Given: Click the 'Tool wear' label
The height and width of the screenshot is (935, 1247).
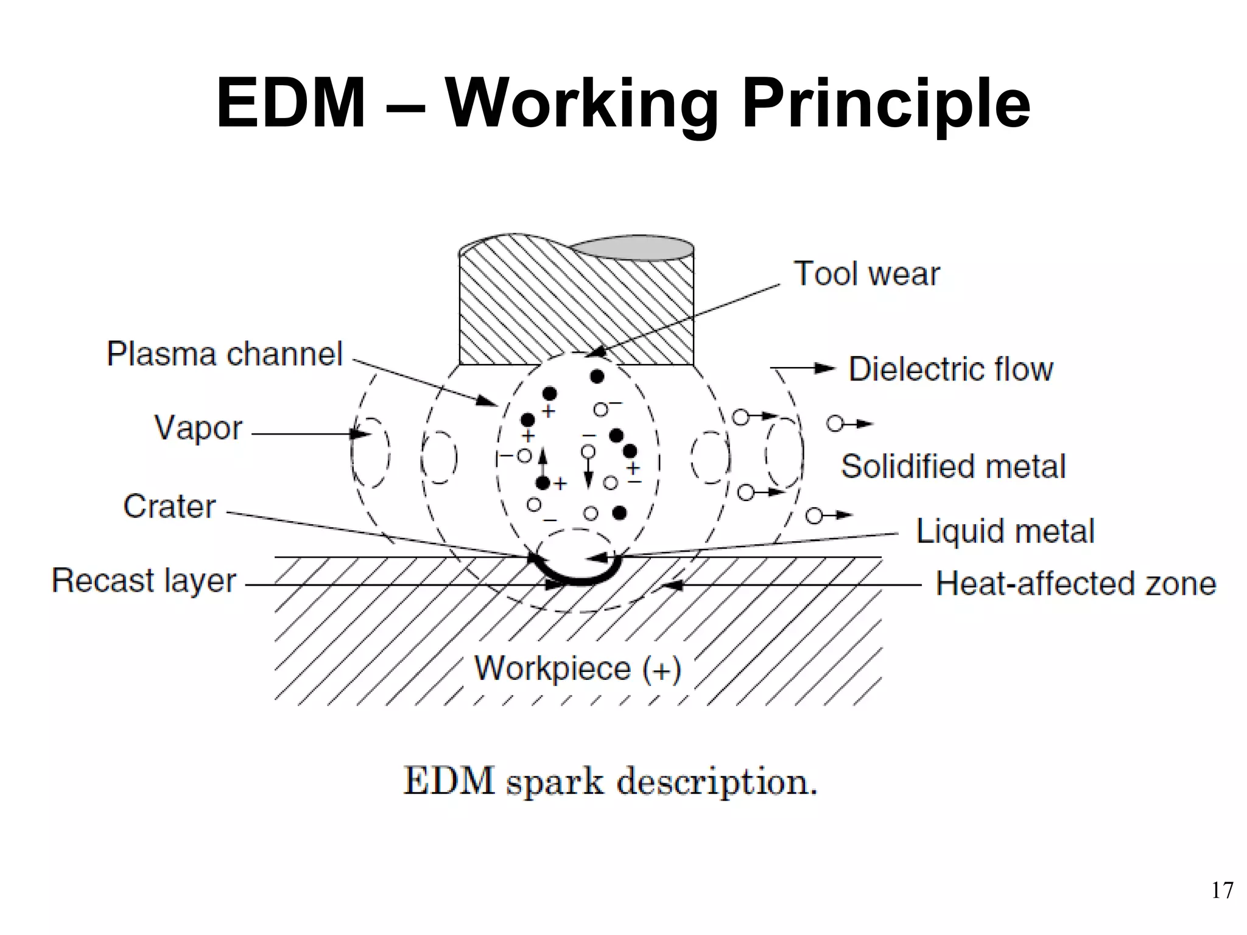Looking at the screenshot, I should tap(866, 274).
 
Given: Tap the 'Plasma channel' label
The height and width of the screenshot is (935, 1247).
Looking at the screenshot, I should tap(225, 354).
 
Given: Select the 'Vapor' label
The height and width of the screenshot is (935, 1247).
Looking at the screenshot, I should tap(198, 427).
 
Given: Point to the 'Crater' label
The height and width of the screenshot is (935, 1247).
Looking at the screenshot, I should tap(169, 506).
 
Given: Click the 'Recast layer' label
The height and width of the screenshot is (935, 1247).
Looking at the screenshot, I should tap(144, 580).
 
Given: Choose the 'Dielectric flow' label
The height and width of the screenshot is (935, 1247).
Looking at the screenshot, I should tap(950, 369).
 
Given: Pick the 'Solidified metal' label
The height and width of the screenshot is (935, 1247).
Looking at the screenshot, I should tap(954, 467).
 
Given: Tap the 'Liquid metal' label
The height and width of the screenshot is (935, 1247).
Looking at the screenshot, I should tap(1005, 531).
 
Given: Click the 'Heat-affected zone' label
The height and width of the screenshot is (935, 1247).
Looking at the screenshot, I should tap(1076, 583).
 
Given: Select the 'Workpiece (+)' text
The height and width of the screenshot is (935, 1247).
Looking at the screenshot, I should tap(577, 668).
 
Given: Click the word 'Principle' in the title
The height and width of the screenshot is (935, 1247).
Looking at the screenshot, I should tap(886, 103).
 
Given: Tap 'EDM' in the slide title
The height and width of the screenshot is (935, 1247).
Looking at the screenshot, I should tap(291, 103).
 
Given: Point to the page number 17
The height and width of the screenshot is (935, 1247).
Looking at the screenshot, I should tap(1222, 891).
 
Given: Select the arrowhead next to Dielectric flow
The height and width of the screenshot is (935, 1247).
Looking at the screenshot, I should tap(826, 368).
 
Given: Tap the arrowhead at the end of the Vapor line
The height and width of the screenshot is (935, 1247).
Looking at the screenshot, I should tap(362, 434).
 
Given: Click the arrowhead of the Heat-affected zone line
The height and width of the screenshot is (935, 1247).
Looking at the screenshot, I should tap(670, 585).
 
